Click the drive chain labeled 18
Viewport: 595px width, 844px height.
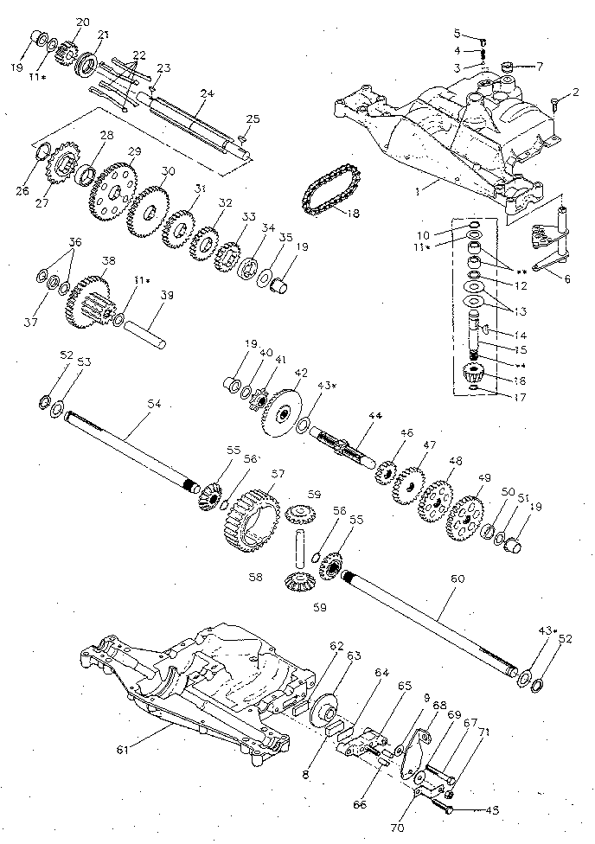click(327, 195)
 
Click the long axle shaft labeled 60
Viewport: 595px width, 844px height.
click(432, 622)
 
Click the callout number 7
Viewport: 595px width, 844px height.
click(540, 66)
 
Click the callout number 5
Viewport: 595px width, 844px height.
click(457, 33)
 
